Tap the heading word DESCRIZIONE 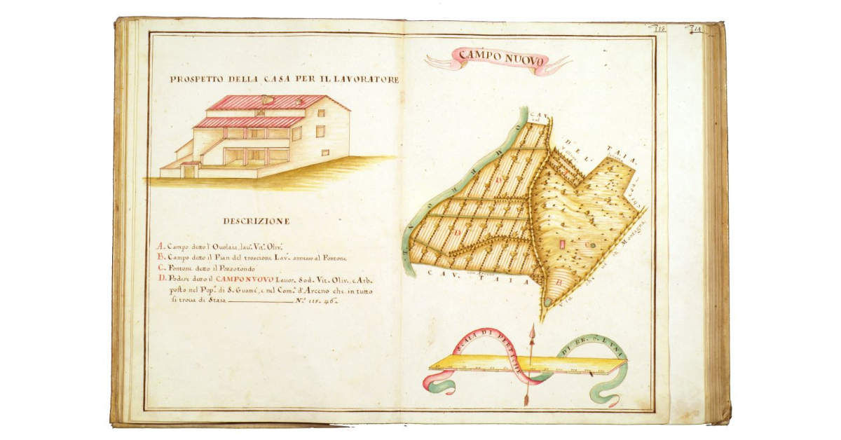point(257,221)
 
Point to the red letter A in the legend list point(160,247)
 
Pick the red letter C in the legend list point(160,268)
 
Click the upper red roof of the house point(266,102)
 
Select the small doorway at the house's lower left point(188,170)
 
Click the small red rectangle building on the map point(561,245)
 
